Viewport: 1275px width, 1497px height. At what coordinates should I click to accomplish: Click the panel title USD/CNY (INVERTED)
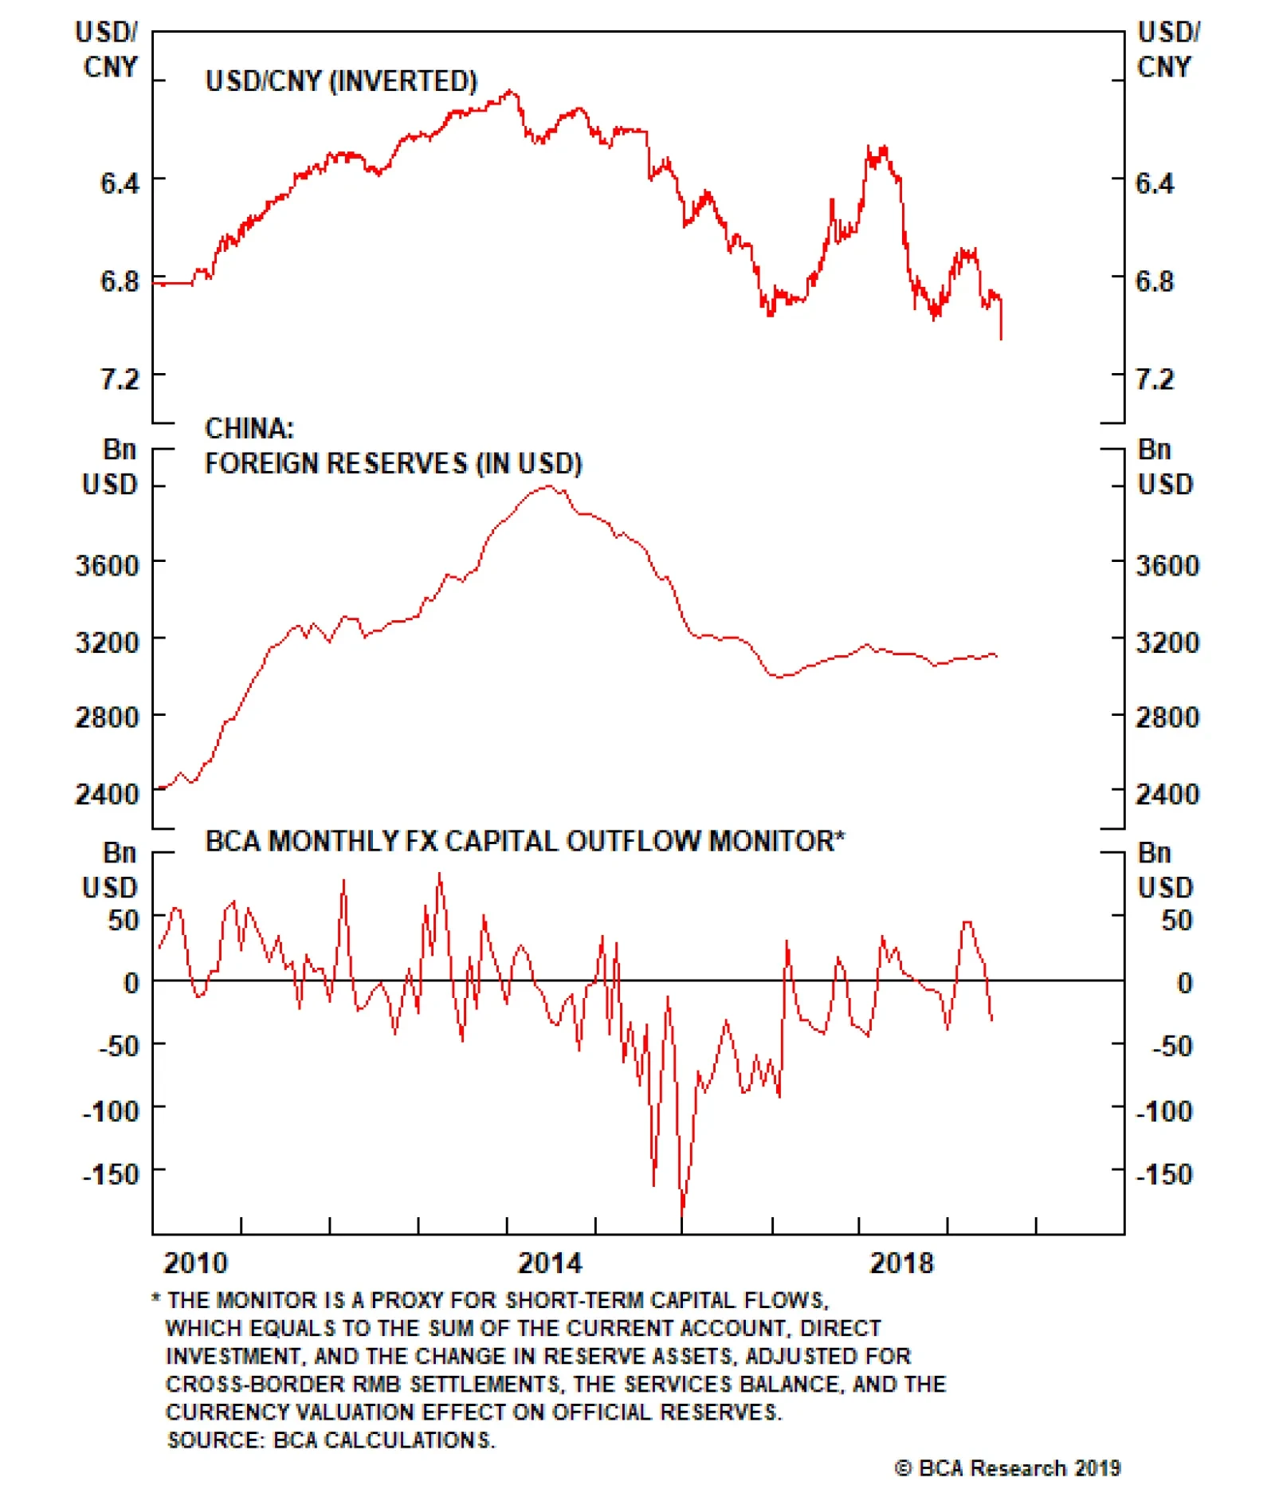(341, 81)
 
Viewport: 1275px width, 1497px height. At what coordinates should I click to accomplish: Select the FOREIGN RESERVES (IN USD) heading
(393, 463)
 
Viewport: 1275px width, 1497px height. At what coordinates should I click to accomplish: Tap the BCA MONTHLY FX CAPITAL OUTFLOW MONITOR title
(524, 841)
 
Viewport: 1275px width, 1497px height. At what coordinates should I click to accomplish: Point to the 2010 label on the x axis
(195, 1263)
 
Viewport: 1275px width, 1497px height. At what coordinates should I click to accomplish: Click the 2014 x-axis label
(550, 1263)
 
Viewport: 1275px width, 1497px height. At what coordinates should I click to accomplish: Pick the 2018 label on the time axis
(900, 1263)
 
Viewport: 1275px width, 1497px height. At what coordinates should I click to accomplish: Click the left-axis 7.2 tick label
(120, 379)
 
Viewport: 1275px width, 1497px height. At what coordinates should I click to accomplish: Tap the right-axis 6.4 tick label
(1154, 183)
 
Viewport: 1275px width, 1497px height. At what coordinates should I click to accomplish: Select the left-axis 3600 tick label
(108, 566)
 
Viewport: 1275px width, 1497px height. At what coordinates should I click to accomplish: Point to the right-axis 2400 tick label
(1167, 794)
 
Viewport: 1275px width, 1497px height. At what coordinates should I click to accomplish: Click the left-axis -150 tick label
(111, 1173)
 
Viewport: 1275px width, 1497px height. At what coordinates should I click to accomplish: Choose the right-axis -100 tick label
(1164, 1110)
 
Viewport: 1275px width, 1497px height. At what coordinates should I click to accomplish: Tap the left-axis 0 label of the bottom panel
(131, 983)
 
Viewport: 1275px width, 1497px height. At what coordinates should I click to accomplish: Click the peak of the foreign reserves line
(548, 485)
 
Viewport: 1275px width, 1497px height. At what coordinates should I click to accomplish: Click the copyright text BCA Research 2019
(1007, 1468)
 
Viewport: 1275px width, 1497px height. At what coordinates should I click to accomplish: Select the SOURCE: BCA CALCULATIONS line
(331, 1440)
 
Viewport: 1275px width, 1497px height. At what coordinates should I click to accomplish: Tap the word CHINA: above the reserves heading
(249, 428)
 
